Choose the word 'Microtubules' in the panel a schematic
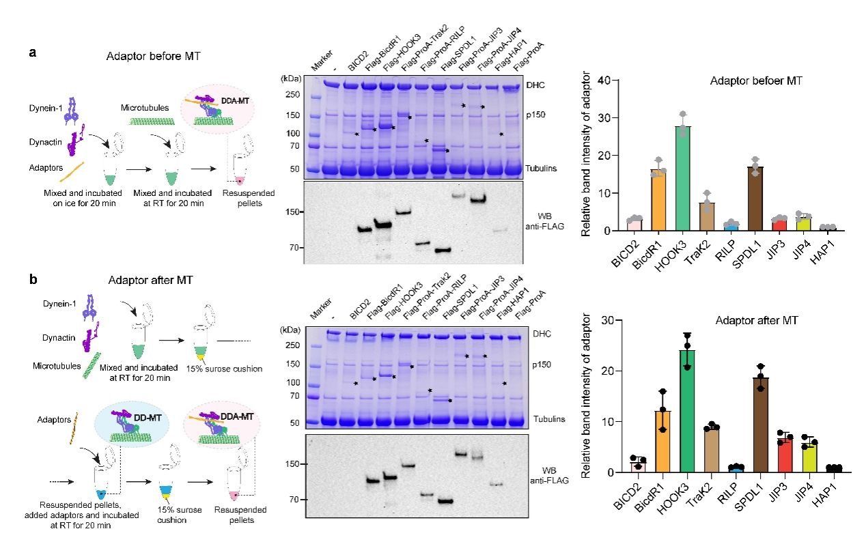145,108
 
